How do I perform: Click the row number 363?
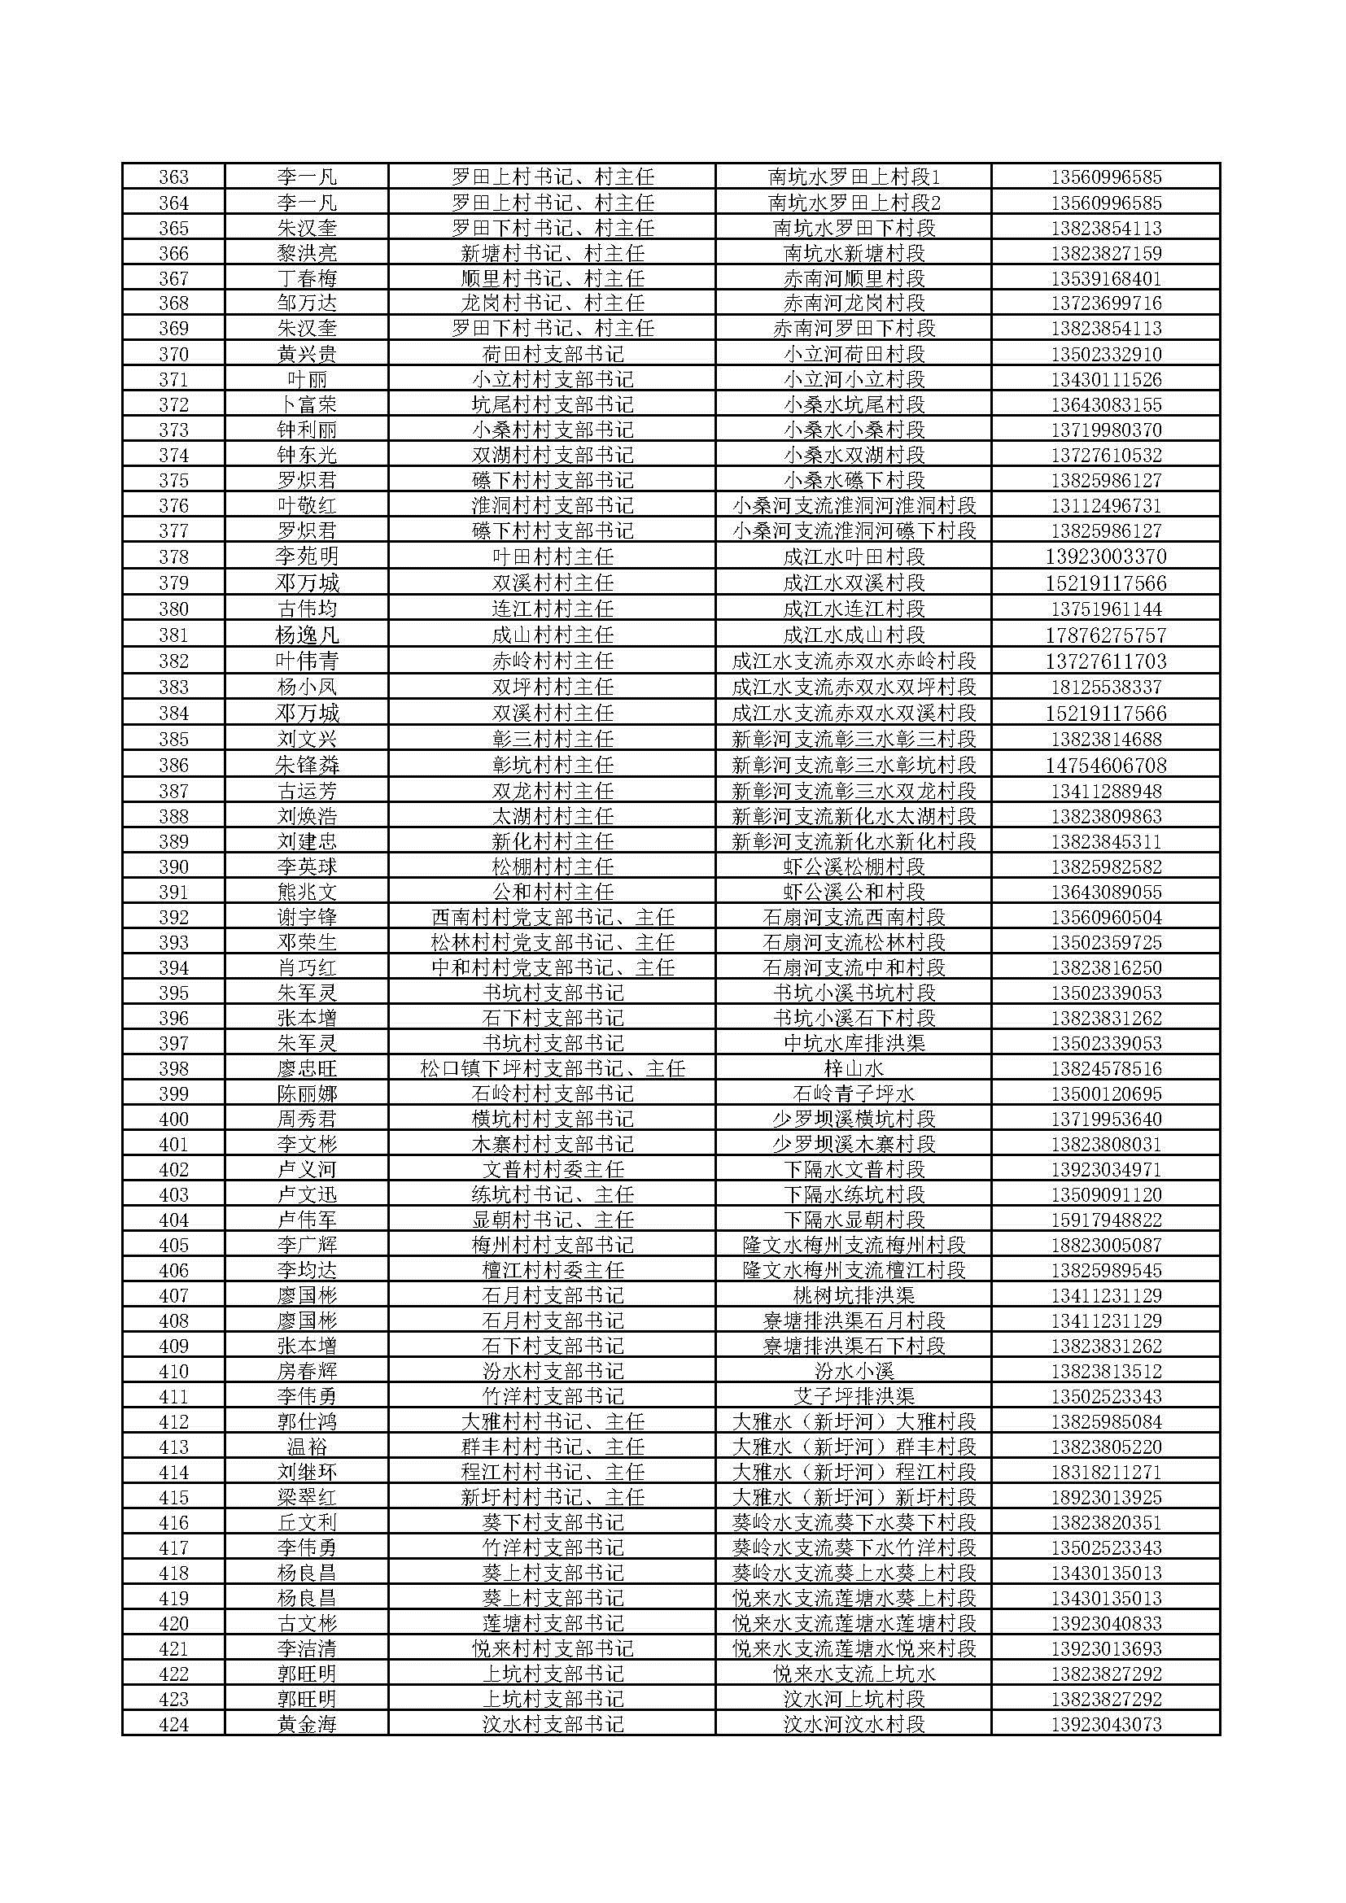click(x=173, y=177)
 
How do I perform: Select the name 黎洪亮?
click(x=307, y=253)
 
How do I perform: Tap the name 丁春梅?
click(x=307, y=278)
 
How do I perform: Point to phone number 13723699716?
click(x=1106, y=303)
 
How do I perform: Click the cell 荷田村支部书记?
click(x=552, y=355)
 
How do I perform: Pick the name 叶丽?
click(x=307, y=380)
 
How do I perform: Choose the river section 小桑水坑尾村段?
click(x=854, y=404)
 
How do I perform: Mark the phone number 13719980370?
click(x=1106, y=430)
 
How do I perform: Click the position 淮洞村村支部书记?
click(x=552, y=505)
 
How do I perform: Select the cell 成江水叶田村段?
click(x=854, y=556)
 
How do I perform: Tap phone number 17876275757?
click(x=1106, y=635)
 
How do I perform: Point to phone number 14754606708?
click(x=1106, y=765)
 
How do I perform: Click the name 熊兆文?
click(x=307, y=892)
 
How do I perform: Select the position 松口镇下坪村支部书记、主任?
click(x=552, y=1068)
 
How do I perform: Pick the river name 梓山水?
click(x=854, y=1068)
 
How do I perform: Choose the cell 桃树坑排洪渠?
click(x=854, y=1295)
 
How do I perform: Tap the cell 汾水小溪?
click(x=854, y=1371)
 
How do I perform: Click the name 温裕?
click(x=307, y=1447)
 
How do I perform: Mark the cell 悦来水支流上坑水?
click(x=854, y=1674)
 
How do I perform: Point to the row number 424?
click(x=173, y=1724)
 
